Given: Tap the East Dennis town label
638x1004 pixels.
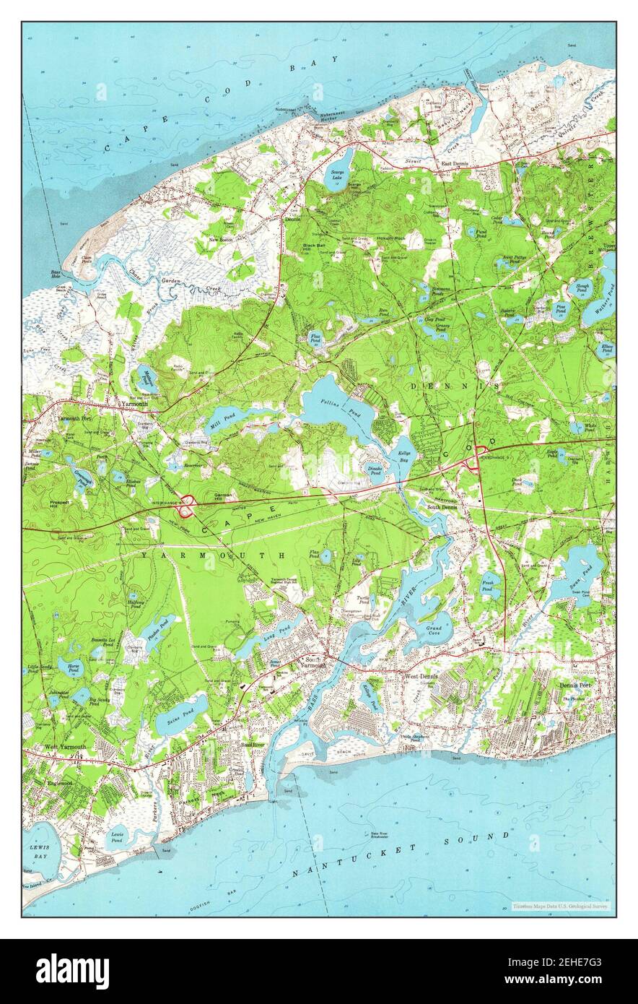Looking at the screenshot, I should (455, 165).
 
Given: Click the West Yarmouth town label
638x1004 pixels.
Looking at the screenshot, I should (65, 746).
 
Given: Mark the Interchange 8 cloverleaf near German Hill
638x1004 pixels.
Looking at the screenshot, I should (188, 506).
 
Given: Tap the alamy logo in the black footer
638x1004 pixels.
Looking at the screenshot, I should (72, 971).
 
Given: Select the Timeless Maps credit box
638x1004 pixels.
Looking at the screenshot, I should (561, 906).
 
